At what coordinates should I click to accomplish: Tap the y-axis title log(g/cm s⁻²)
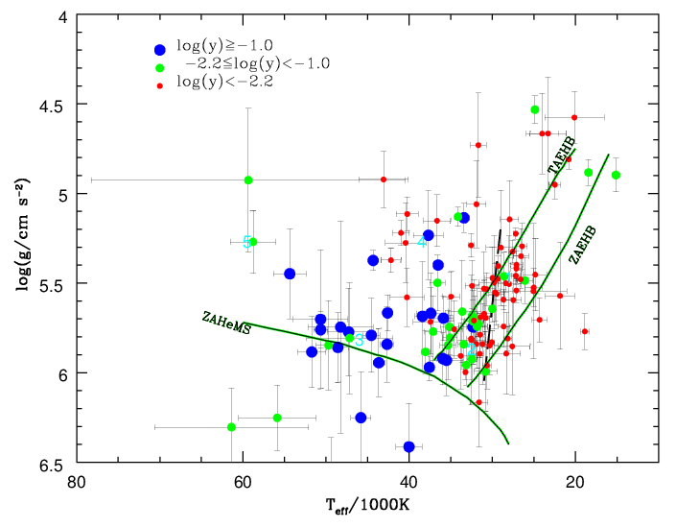click(20, 239)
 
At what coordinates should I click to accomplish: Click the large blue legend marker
click(159, 50)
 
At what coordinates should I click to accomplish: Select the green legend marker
click(159, 67)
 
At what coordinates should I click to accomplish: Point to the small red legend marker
click(159, 84)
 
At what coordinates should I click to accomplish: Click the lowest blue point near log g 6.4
click(409, 446)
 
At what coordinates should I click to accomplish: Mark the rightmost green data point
click(616, 175)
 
